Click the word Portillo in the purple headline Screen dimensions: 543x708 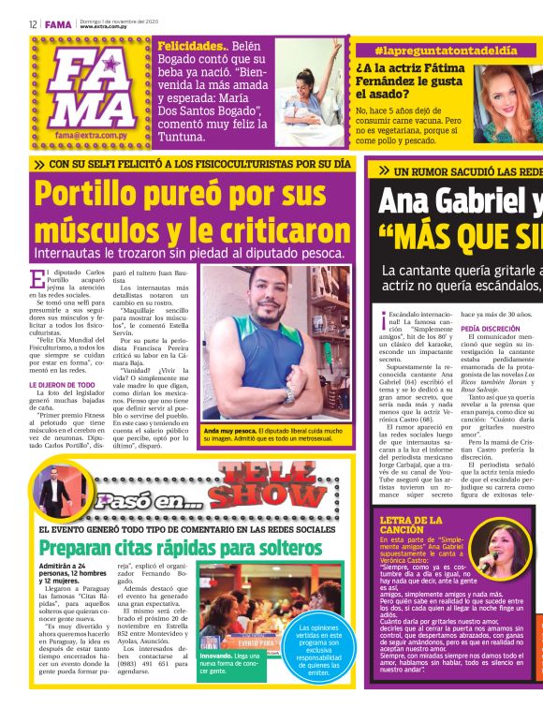[x=97, y=195]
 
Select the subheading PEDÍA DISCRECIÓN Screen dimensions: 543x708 [x=491, y=330]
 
